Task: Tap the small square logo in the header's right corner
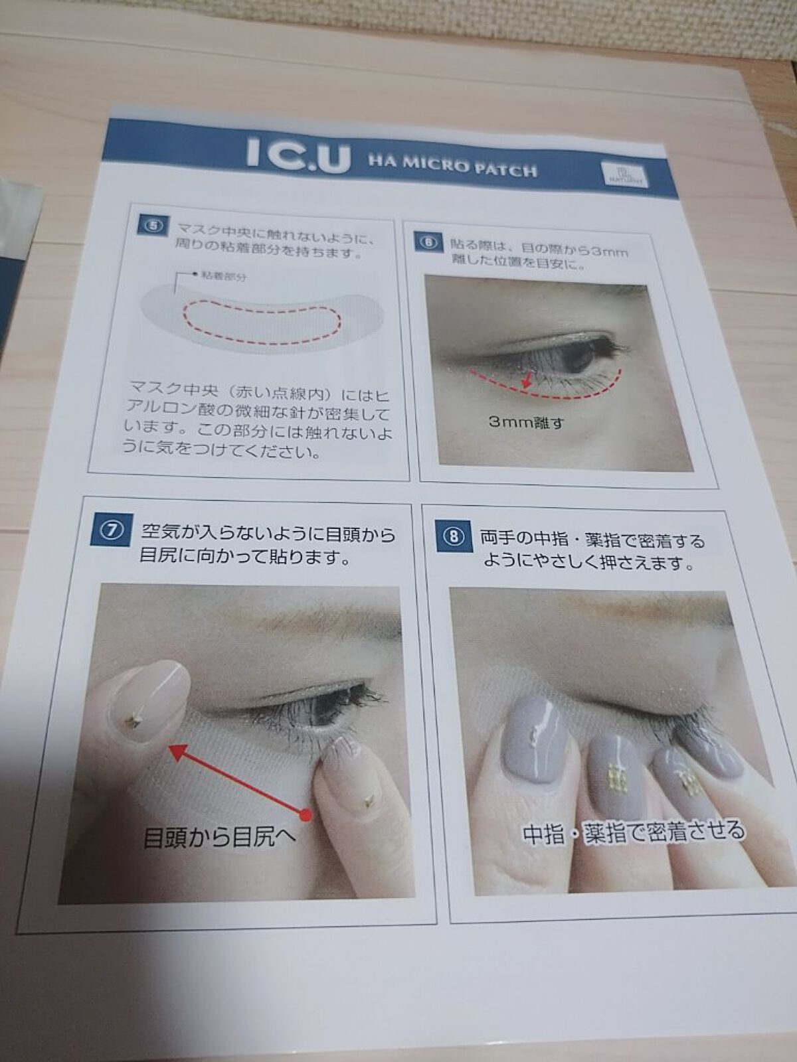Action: point(616,175)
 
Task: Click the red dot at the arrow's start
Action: point(306,814)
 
